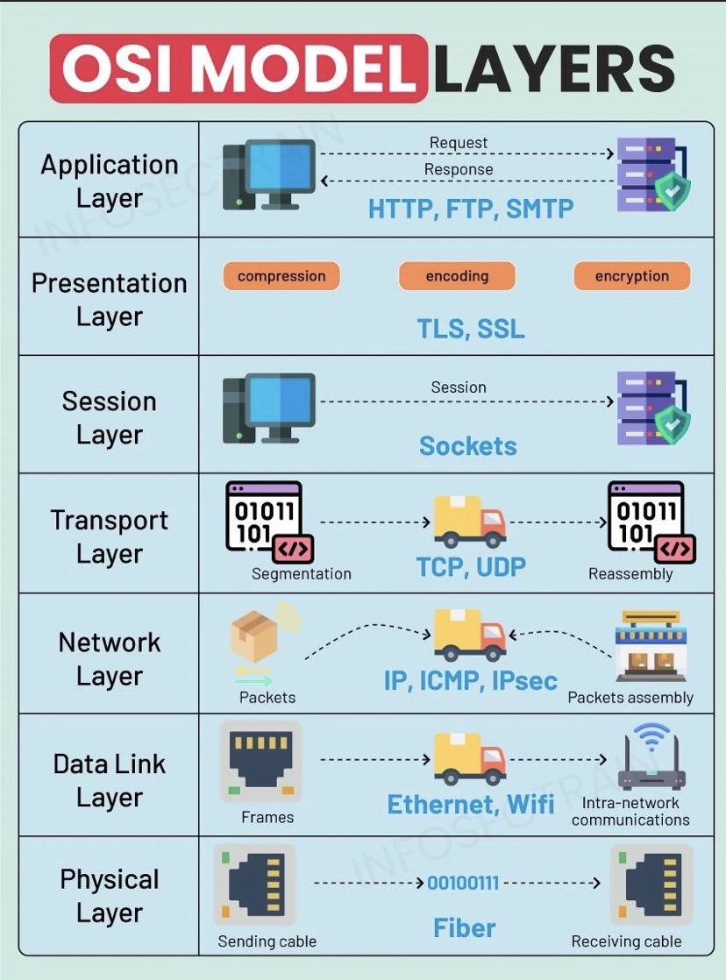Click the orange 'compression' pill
281,275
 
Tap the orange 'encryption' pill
632,275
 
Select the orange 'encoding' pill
457,275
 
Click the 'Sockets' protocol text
467,445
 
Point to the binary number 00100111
463,883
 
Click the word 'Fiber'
464,927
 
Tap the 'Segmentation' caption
302,574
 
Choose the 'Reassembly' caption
630,574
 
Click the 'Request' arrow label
459,143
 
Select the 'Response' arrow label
459,169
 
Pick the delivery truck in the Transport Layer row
470,522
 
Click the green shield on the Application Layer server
673,192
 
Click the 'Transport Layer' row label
110,536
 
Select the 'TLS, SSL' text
471,329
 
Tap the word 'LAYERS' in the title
555,68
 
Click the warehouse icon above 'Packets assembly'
651,646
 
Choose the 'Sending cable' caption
267,941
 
